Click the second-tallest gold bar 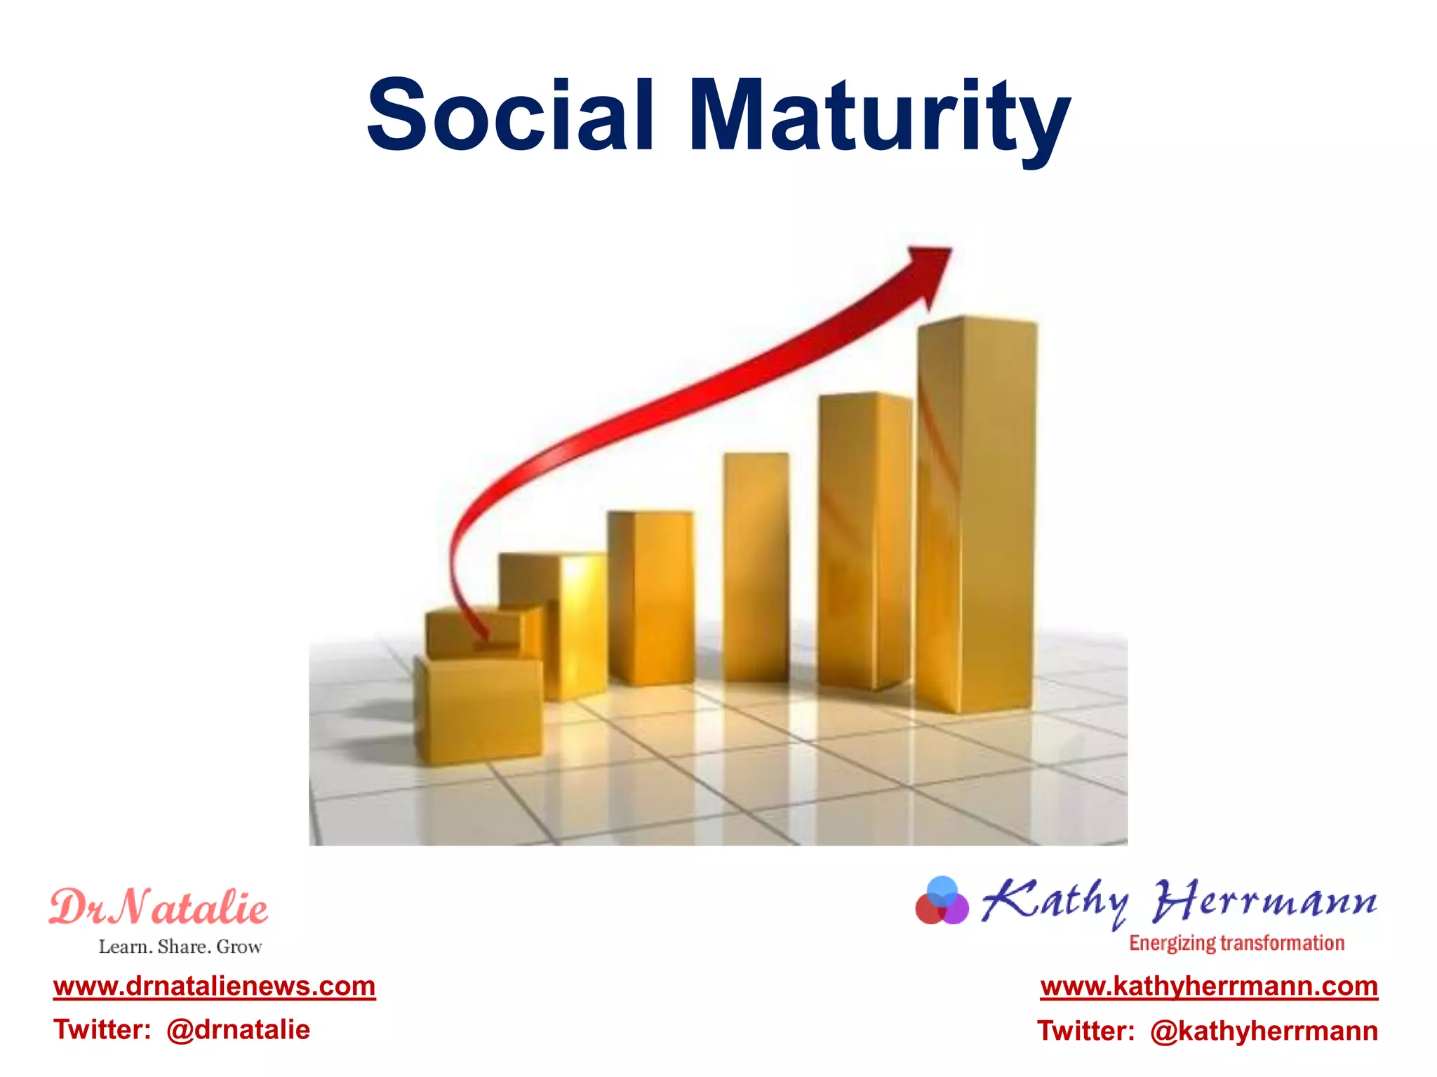click(x=864, y=540)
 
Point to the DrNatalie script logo click(x=159, y=907)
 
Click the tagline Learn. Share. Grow click(x=180, y=947)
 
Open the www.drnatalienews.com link click(x=214, y=987)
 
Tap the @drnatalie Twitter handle click(x=238, y=1030)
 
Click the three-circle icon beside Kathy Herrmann click(x=942, y=902)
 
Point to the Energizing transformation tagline click(x=1236, y=944)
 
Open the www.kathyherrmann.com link click(x=1209, y=987)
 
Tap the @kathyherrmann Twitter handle click(x=1264, y=1031)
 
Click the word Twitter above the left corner click(x=102, y=1030)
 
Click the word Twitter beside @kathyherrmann click(x=1085, y=1031)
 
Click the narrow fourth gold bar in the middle click(x=756, y=568)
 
